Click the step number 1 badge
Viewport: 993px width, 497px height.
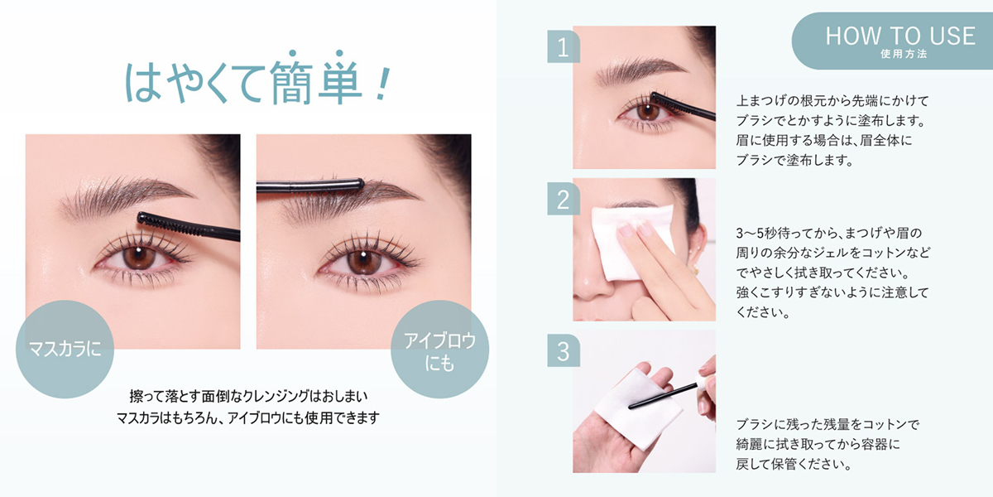click(564, 46)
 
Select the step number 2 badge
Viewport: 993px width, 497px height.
click(564, 199)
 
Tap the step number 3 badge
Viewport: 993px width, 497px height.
click(564, 350)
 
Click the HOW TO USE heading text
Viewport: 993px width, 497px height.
click(900, 36)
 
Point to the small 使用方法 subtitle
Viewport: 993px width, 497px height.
click(904, 54)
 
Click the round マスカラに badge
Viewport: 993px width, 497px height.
click(65, 350)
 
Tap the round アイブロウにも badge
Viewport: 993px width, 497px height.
click(439, 350)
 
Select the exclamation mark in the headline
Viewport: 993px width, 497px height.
click(382, 84)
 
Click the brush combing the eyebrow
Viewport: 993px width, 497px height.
click(310, 185)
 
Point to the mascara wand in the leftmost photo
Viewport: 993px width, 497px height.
click(189, 227)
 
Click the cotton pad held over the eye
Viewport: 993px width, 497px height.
click(633, 242)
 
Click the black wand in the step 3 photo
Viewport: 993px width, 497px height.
click(663, 396)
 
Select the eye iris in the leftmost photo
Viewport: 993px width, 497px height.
click(139, 257)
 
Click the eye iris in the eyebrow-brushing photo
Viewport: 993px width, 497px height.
click(363, 262)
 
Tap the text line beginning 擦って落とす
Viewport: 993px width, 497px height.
click(248, 396)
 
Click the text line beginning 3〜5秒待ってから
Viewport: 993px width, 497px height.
click(829, 233)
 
